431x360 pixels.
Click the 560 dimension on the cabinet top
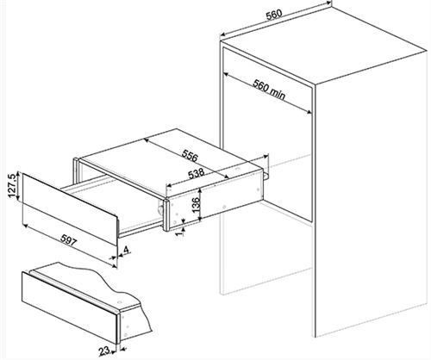click(x=274, y=15)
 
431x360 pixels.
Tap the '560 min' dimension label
click(x=269, y=90)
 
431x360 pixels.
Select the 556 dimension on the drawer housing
click(x=190, y=155)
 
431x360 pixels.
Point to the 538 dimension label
click(x=196, y=174)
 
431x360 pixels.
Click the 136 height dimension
click(x=196, y=205)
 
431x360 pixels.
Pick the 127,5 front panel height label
click(x=12, y=185)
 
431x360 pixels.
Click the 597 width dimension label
click(x=69, y=240)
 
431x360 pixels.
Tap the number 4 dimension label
click(x=126, y=250)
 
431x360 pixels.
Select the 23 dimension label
click(x=104, y=351)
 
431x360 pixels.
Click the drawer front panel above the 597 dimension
click(x=70, y=208)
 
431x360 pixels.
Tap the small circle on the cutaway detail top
click(x=119, y=302)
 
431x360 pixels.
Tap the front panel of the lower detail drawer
click(x=70, y=307)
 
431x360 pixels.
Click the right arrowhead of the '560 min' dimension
click(x=309, y=112)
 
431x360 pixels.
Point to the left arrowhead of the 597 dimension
click(x=25, y=226)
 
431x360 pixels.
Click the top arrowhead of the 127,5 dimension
click(x=18, y=174)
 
